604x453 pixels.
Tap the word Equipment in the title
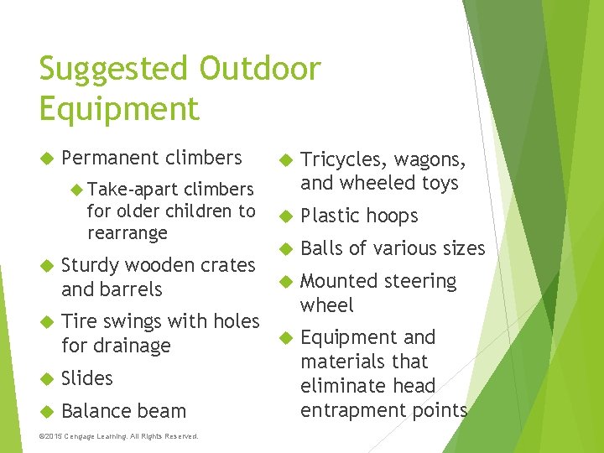[119, 109]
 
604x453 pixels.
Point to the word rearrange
[127, 232]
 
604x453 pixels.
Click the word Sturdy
[91, 265]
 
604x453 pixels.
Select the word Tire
[78, 320]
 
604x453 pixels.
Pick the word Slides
[86, 378]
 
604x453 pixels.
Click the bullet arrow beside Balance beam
[46, 411]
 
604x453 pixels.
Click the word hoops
[390, 216]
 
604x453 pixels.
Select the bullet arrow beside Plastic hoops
[285, 216]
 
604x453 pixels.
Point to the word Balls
[320, 248]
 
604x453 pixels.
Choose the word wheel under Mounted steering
[327, 305]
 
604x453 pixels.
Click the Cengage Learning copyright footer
[118, 436]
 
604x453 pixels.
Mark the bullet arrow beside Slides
[46, 379]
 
